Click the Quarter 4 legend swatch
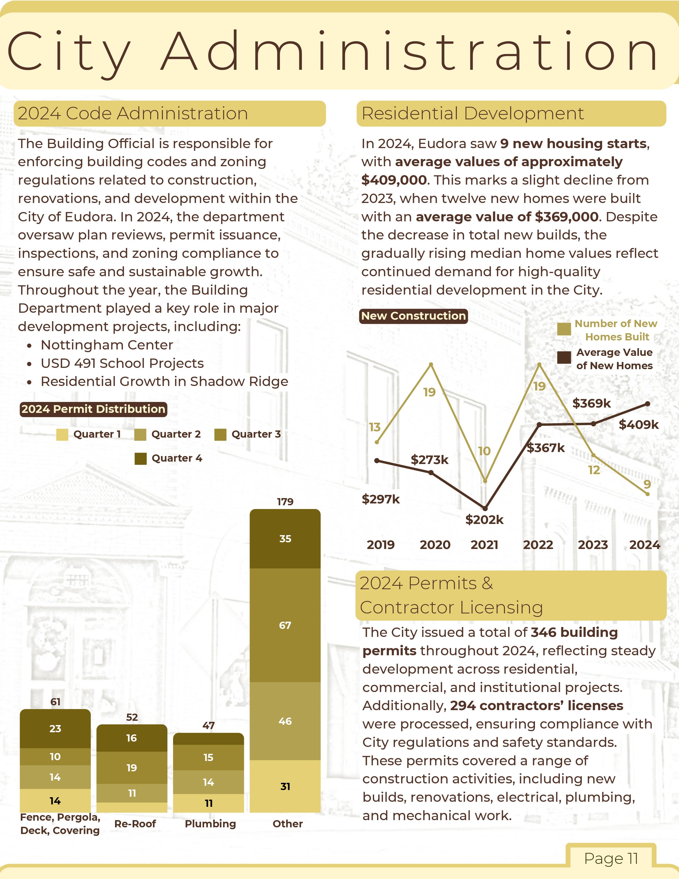click(140, 458)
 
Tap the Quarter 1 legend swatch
click(62, 435)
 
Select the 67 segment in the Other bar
click(285, 625)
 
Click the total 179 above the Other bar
click(285, 502)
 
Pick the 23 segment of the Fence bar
click(55, 729)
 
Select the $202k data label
click(484, 520)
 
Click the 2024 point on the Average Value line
click(648, 404)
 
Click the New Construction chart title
click(413, 316)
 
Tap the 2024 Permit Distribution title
click(93, 409)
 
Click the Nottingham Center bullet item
click(107, 345)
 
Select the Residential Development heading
click(472, 113)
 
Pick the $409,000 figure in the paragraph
click(394, 180)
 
